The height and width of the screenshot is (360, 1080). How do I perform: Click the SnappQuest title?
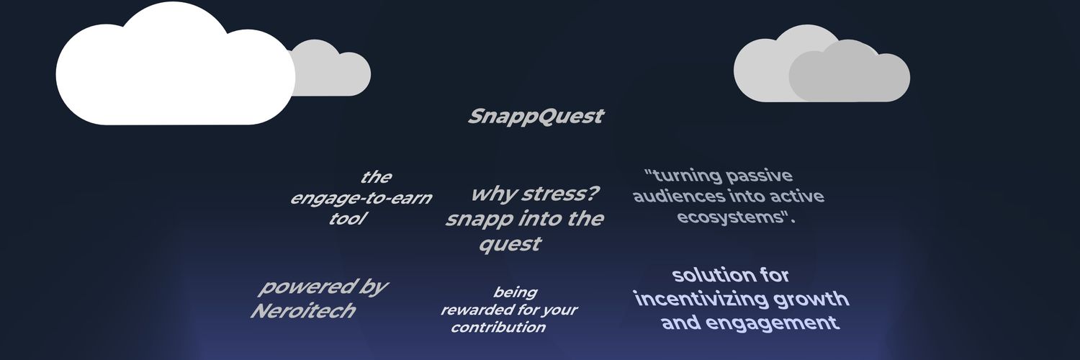[536, 117]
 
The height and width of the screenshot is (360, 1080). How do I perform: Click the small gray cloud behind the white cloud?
[335, 72]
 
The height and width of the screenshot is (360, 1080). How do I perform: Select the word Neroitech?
[302, 311]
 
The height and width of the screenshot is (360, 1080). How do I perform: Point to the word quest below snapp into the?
[510, 244]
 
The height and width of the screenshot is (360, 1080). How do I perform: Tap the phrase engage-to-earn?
[360, 198]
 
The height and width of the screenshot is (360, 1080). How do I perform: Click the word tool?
[345, 219]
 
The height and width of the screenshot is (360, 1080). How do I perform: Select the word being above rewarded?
[515, 292]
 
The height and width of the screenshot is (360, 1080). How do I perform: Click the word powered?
[297, 287]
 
